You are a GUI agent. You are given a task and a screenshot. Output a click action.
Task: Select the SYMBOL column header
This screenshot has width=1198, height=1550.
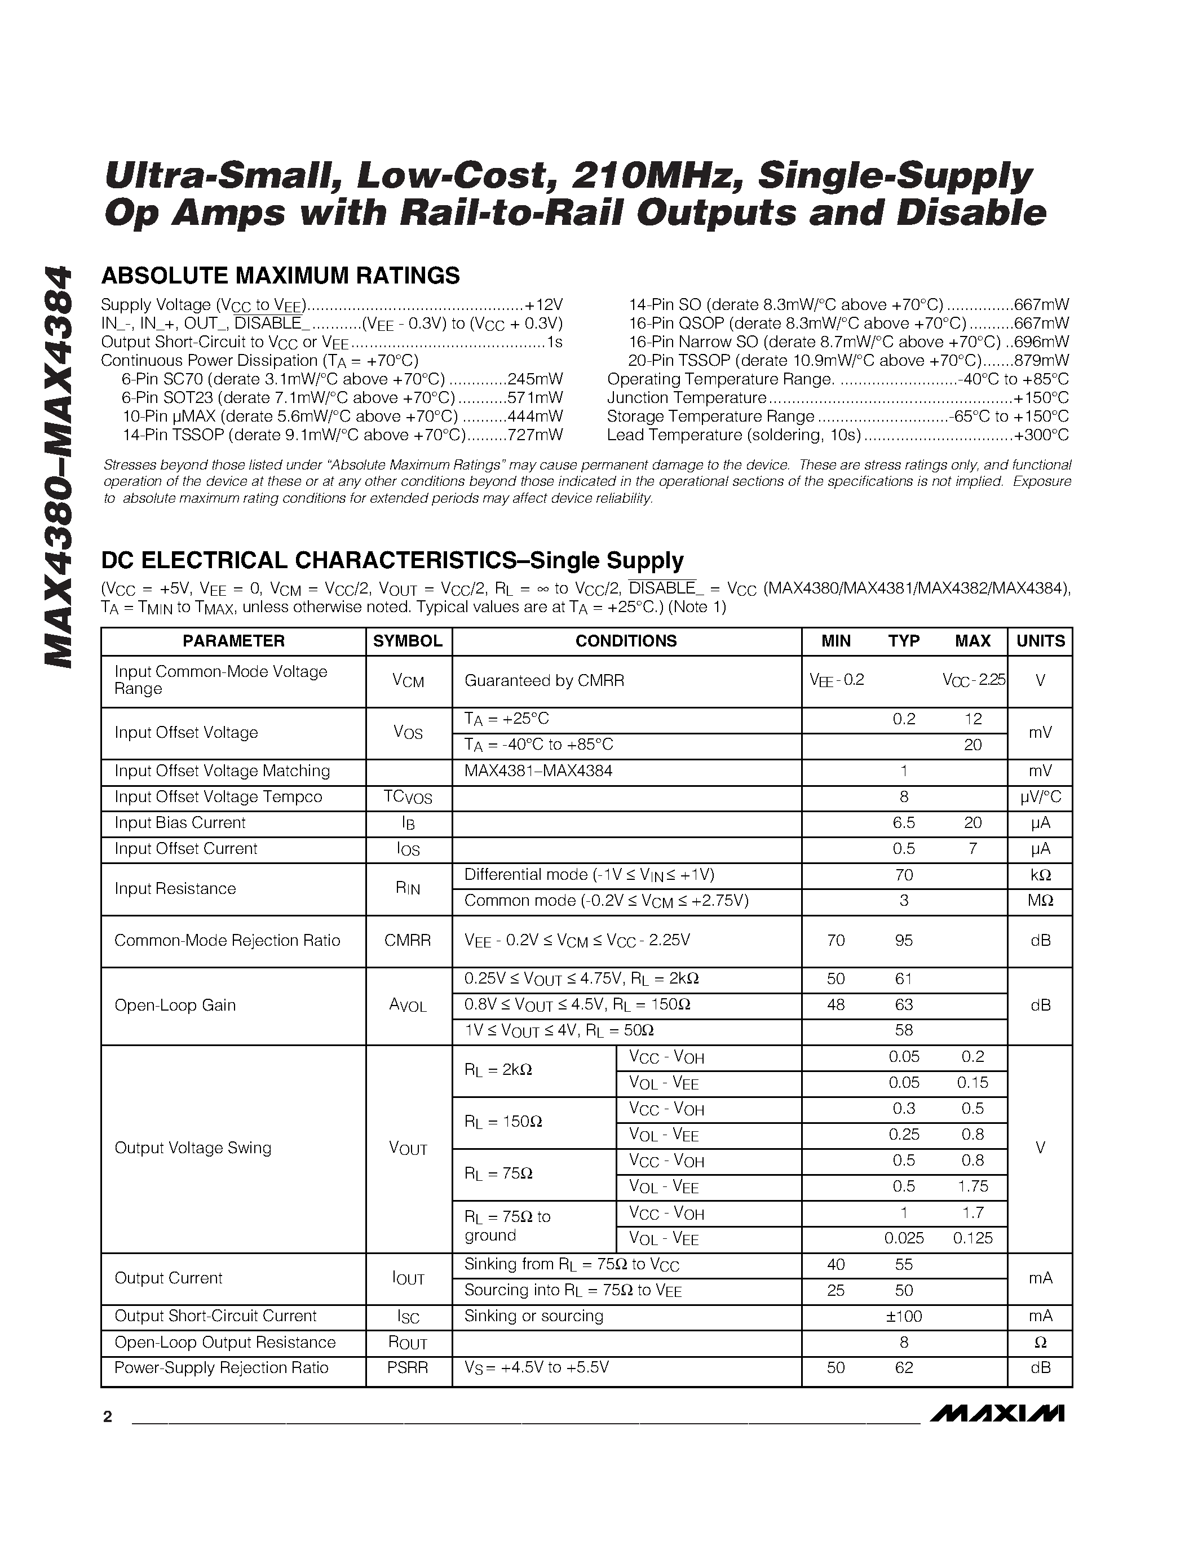[x=408, y=641]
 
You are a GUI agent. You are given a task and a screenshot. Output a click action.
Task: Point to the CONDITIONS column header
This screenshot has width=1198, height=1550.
[x=625, y=641]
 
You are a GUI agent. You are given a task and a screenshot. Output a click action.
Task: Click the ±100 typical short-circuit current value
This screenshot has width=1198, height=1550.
[x=904, y=1317]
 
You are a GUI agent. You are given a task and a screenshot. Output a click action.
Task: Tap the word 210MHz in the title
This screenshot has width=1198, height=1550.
[x=656, y=176]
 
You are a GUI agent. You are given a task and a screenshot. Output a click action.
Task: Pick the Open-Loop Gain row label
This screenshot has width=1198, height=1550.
[x=175, y=1005]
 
